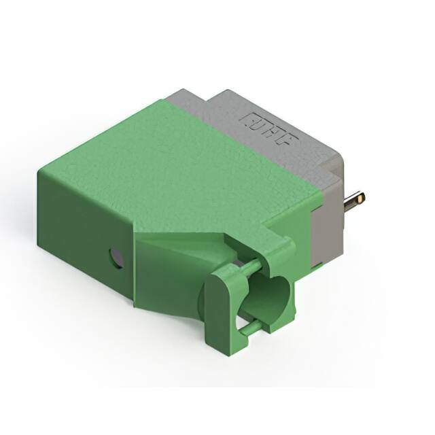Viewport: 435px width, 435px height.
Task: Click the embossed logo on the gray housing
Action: click(269, 129)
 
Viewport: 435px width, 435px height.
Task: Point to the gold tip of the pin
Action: click(360, 198)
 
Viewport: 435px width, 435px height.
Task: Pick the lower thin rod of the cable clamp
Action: click(250, 329)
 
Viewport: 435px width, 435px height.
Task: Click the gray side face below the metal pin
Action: click(326, 238)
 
